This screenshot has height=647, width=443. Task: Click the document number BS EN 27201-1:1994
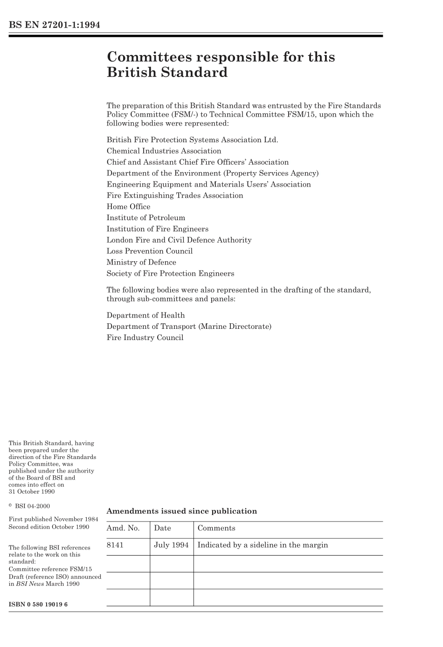pos(54,25)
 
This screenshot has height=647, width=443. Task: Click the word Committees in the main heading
pos(149,57)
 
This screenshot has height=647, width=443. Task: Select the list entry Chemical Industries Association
pos(164,151)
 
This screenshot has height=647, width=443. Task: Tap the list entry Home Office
pos(128,207)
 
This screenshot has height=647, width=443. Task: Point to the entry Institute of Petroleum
pos(145,218)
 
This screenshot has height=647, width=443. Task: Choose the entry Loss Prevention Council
pos(149,251)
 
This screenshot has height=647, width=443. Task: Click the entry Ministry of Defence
pos(141,262)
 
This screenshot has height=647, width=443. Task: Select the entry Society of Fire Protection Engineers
pos(170,273)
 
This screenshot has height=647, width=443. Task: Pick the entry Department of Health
pos(145,315)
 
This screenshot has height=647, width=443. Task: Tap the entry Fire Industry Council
pos(145,338)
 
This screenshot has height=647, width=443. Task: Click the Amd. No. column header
pos(123,528)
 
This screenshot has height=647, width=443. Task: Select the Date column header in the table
pos(162,528)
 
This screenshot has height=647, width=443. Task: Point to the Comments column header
pos(216,528)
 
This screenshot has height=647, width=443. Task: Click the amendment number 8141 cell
pos(115,545)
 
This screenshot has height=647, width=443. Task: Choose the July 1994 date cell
pos(171,545)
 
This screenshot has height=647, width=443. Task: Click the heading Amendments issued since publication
pos(181,511)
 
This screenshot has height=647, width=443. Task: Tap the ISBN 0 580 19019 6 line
pos(38,604)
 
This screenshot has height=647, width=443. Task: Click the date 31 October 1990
pos(32,492)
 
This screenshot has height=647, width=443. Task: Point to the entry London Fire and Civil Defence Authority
pos(179,240)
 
